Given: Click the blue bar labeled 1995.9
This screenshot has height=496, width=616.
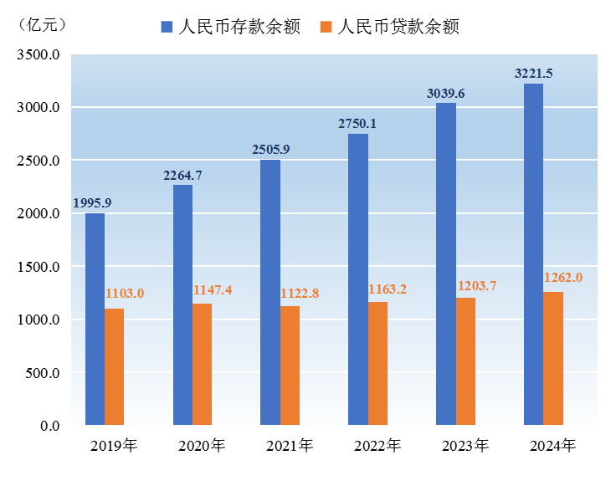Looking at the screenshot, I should coord(95,319).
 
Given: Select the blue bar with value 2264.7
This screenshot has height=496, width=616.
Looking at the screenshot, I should coord(182,304).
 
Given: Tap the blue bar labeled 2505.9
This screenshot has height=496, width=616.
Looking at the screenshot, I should coord(270,292).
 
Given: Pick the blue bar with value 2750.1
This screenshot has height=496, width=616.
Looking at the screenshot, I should coord(358,279).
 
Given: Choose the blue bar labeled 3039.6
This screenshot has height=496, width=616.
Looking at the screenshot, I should coord(446,263).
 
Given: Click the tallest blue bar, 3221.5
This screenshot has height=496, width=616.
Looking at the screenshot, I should coord(533,254).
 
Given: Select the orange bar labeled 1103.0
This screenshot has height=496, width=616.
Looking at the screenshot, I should coord(115,366).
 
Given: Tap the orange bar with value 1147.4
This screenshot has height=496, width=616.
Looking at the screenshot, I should coord(203,364).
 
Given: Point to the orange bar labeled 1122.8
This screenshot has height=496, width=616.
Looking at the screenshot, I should coord(290,366).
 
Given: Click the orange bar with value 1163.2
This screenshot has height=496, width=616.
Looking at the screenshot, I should coord(378,363).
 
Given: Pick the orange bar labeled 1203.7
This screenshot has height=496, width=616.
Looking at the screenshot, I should coord(466,361).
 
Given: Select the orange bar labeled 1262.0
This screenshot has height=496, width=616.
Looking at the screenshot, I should coord(553,358).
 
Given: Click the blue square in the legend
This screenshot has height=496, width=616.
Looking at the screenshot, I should coord(167,27).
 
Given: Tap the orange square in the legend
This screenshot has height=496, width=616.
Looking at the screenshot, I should coord(326,27).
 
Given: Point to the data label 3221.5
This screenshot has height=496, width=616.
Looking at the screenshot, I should coord(533,74).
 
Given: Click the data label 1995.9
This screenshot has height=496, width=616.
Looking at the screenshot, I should coord(92,202).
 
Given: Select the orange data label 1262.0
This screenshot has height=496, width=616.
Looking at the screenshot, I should coord(563,278).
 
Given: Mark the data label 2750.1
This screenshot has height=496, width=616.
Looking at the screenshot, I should coord(357,124).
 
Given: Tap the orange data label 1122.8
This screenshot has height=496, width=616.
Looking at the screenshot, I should coord(300,294).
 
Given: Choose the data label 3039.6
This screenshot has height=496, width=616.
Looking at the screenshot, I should coord(445,94).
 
